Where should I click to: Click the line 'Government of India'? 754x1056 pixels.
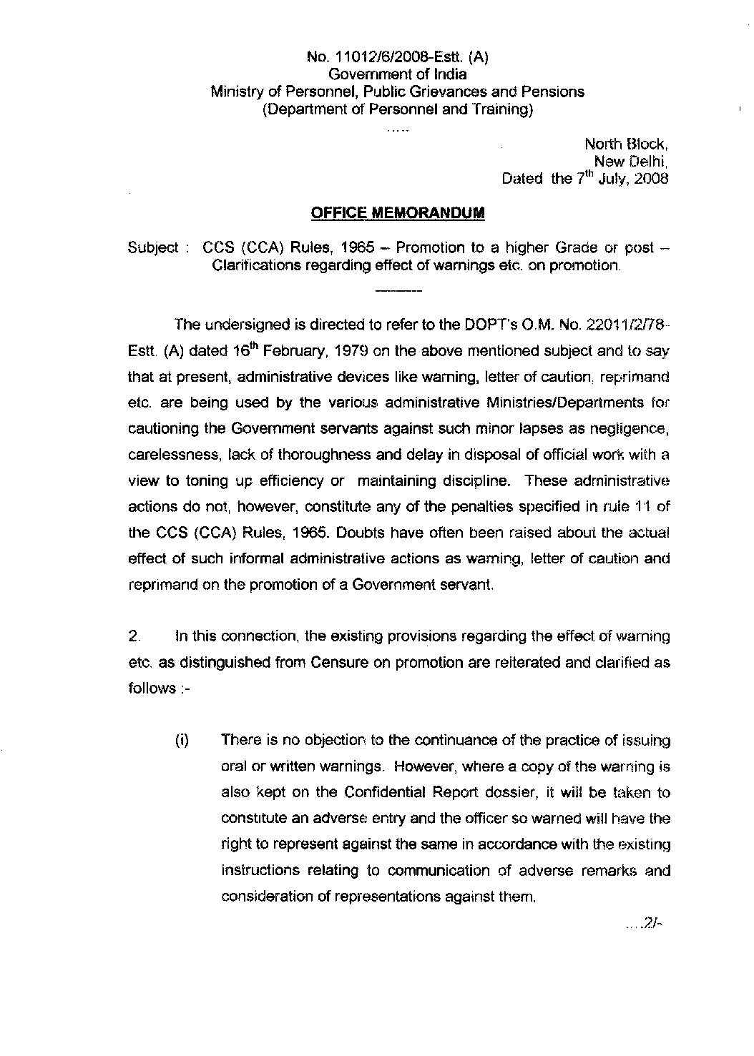(397, 74)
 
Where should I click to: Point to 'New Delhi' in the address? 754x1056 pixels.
(636, 161)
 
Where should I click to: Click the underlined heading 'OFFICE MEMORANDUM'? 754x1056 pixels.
(397, 212)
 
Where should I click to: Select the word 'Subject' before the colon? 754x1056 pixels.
(152, 248)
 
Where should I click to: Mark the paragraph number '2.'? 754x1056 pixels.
(133, 636)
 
